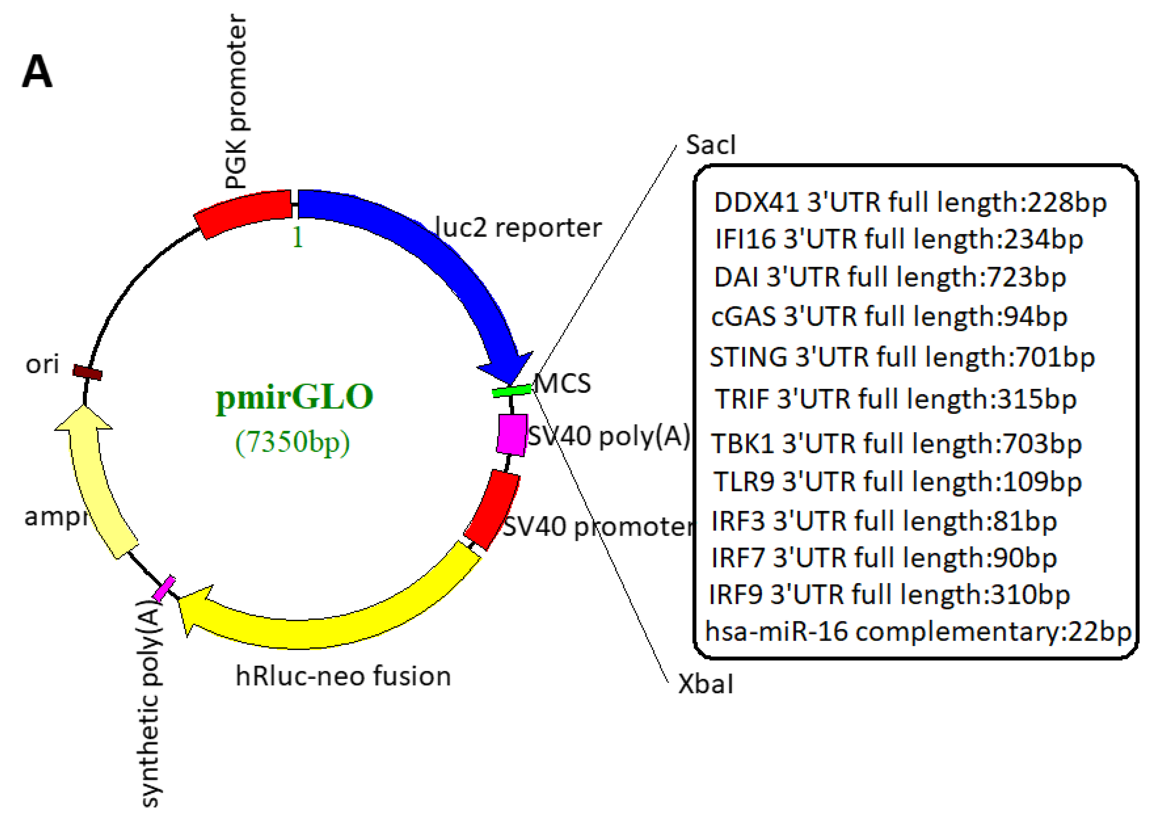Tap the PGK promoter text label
tap(235, 102)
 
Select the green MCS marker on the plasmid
tap(511, 390)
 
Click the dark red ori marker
tap(87, 372)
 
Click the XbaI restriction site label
tap(705, 684)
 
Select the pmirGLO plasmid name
tap(294, 397)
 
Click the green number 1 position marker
tap(297, 237)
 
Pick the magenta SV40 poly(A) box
tap(512, 434)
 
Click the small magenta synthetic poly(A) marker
tap(164, 589)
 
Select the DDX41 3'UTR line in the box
tap(910, 203)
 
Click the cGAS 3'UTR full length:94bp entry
tap(889, 317)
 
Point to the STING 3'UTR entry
tap(901, 357)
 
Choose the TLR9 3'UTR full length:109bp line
tap(897, 481)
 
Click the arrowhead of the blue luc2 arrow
tap(507, 368)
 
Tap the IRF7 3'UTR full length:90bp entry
tap(883, 558)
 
